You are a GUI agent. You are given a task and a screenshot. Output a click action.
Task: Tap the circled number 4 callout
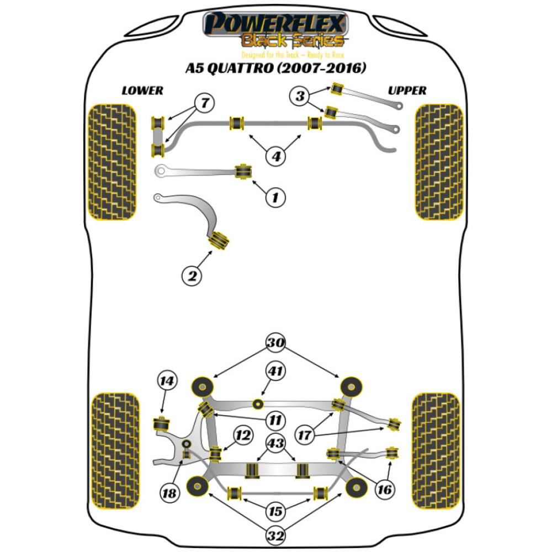pyautogui.click(x=275, y=157)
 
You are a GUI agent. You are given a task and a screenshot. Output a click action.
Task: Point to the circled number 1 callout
pyautogui.click(x=275, y=196)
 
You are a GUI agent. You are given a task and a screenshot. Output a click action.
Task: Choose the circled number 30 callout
pyautogui.click(x=275, y=343)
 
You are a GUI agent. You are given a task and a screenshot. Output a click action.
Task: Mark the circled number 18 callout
pyautogui.click(x=171, y=493)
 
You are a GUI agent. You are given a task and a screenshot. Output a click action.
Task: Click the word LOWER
pyautogui.click(x=143, y=91)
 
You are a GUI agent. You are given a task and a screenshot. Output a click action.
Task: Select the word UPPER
pyautogui.click(x=407, y=91)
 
